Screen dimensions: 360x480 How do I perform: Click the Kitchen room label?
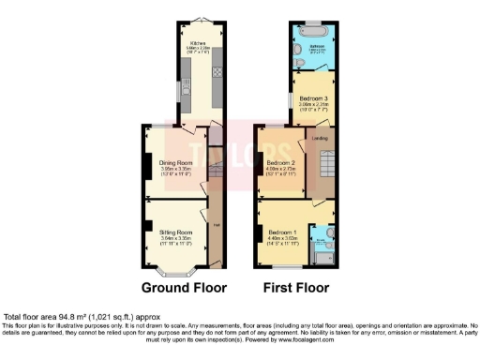[199, 42]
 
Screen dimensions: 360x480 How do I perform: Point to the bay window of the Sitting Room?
[174, 271]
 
